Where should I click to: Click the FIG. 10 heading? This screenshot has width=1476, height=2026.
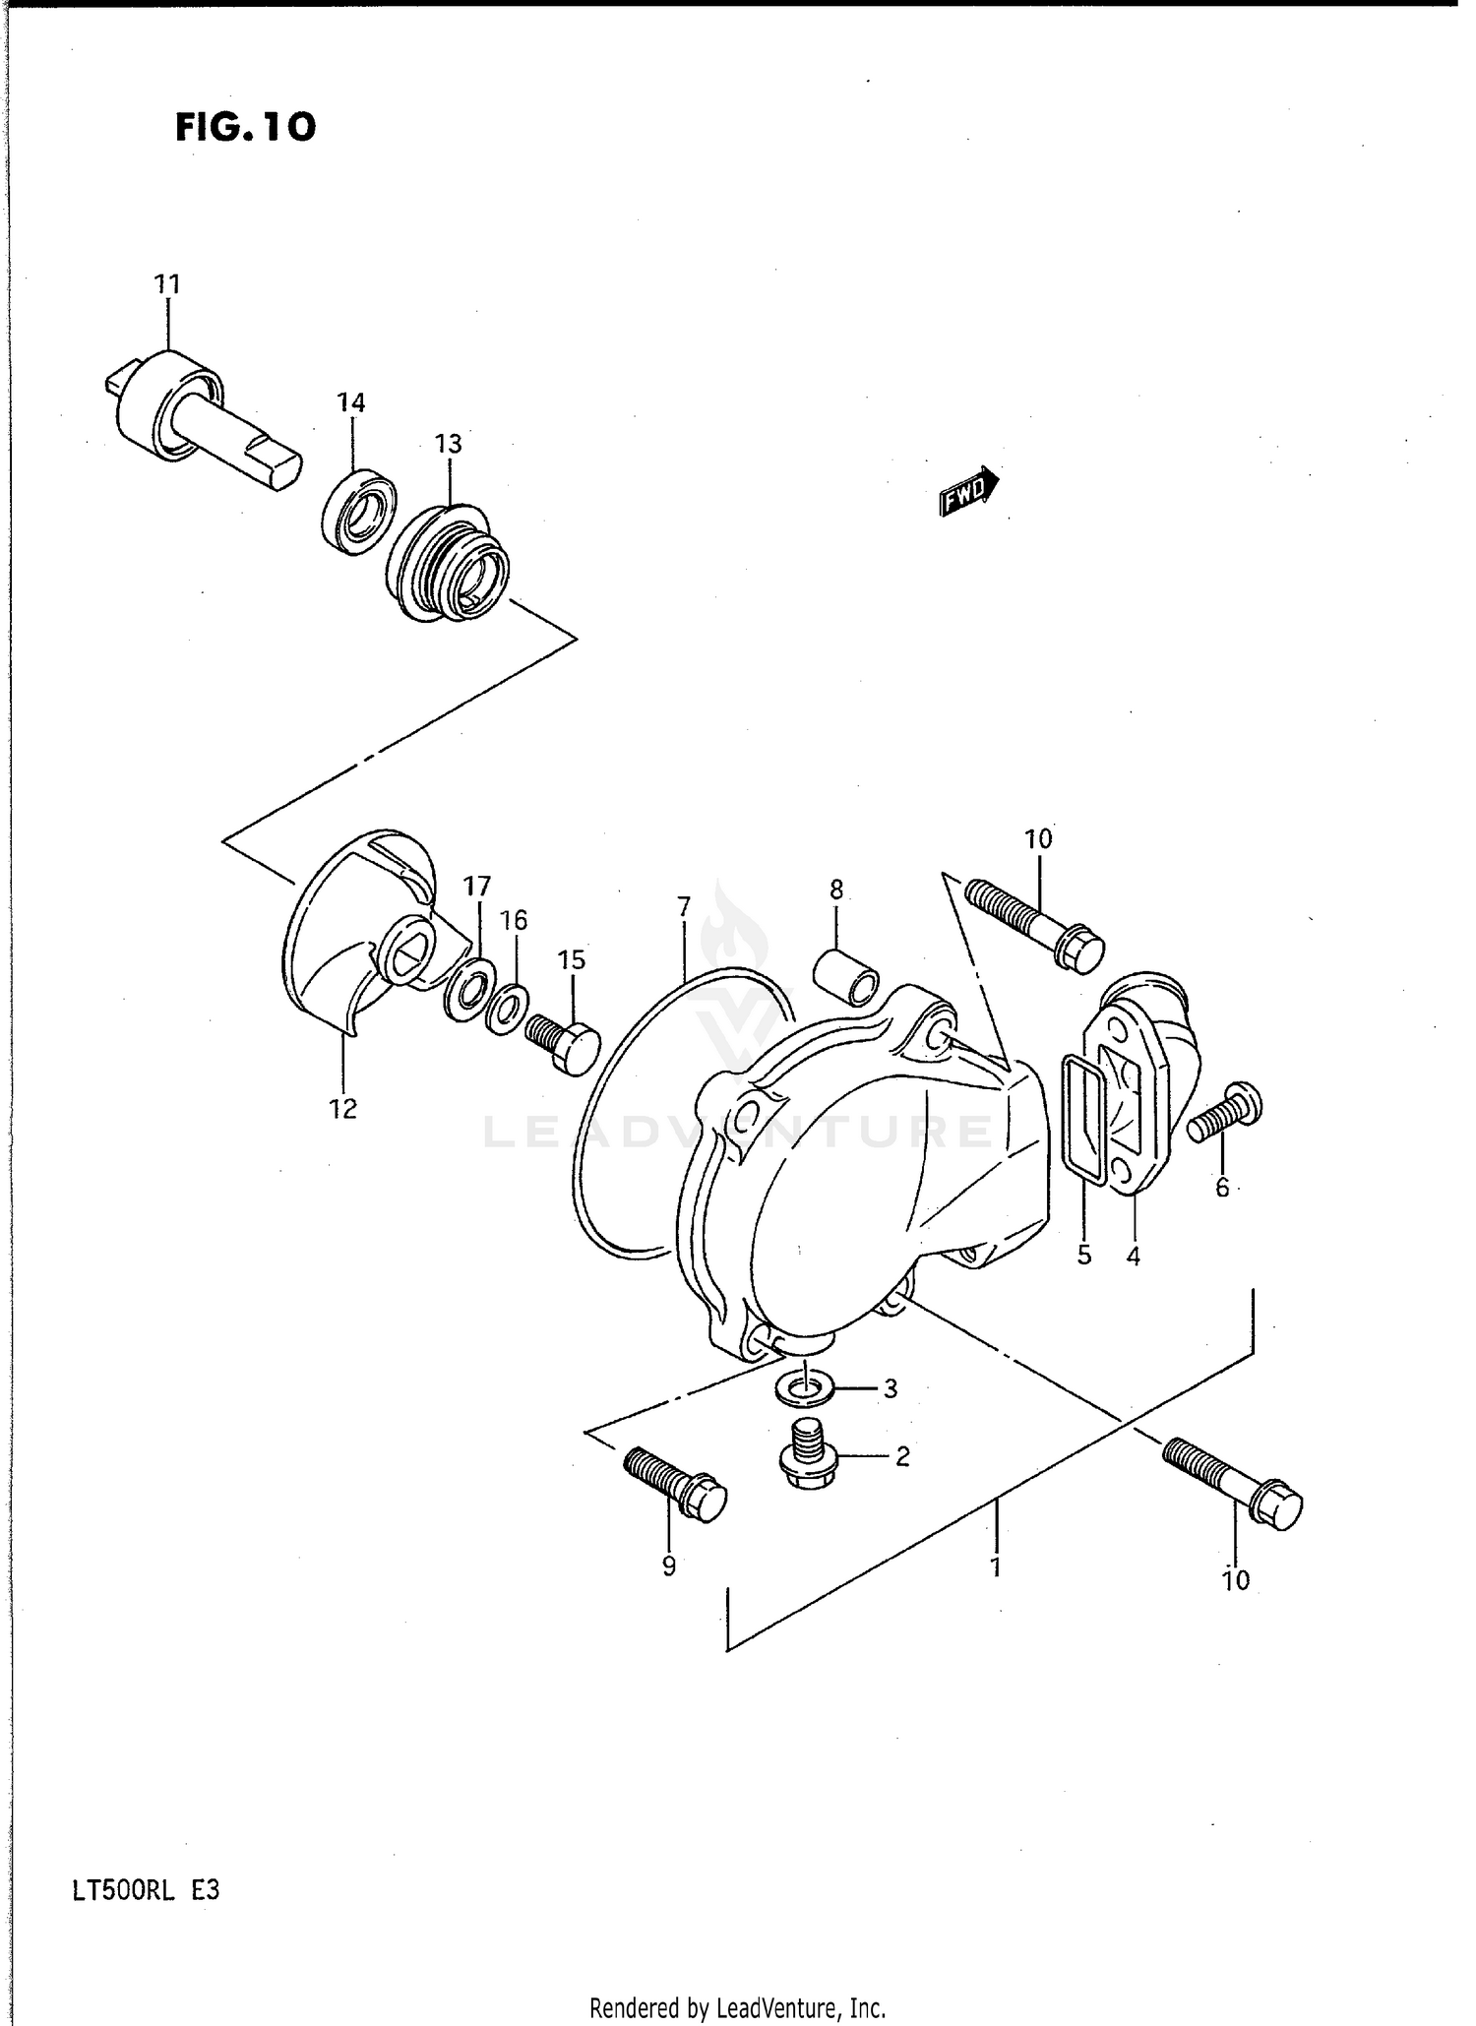[x=246, y=126]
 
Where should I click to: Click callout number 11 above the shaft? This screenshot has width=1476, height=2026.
[x=167, y=285]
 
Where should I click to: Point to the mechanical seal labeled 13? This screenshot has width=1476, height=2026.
[x=448, y=563]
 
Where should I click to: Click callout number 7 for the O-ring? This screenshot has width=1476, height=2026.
[x=684, y=905]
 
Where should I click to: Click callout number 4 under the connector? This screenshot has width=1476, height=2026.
[x=1133, y=1256]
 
